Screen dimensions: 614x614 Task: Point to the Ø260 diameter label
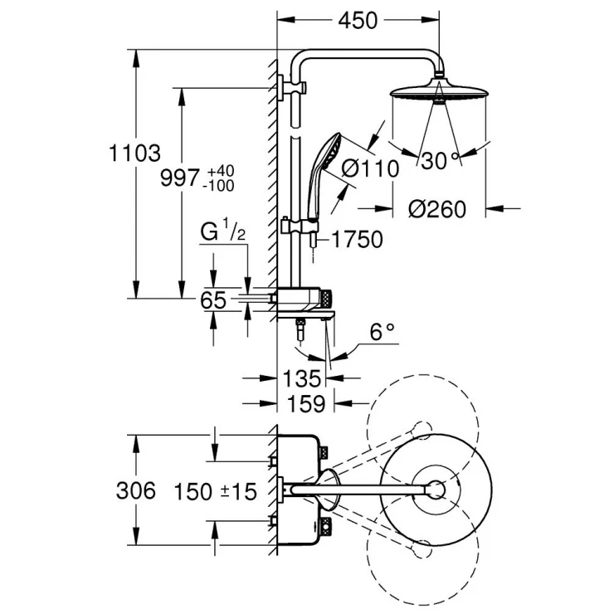437,208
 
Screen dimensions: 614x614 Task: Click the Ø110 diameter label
370,168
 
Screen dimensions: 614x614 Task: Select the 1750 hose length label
357,240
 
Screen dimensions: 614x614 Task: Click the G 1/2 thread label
222,232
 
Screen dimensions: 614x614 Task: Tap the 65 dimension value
213,300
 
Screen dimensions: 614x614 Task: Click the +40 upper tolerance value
222,170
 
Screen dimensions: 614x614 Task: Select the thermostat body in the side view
305,297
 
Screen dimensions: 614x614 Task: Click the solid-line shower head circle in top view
436,490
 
